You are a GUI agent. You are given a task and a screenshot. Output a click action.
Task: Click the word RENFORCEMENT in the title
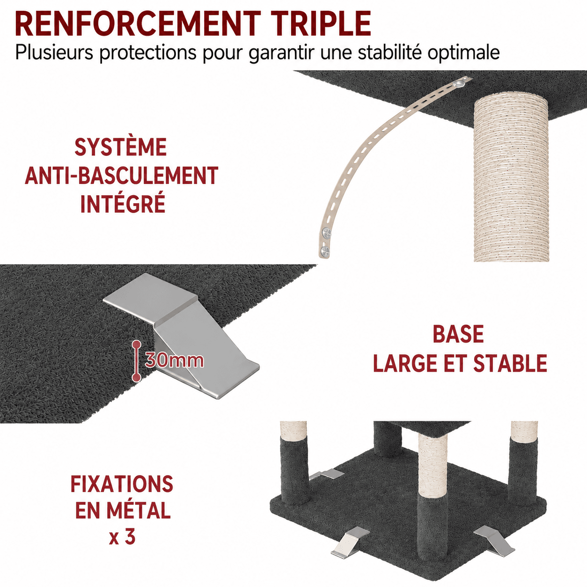coord(138,24)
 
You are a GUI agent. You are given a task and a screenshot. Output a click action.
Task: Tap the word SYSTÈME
coord(121,147)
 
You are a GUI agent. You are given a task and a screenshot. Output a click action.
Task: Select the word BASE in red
coord(458,334)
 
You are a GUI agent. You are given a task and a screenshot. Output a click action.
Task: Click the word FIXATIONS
coord(122,484)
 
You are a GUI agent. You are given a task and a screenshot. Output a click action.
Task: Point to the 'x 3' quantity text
coord(122,538)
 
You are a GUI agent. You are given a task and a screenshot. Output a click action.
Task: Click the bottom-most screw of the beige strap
coord(325,252)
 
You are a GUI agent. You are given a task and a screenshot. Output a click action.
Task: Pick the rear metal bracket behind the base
coord(327,474)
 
